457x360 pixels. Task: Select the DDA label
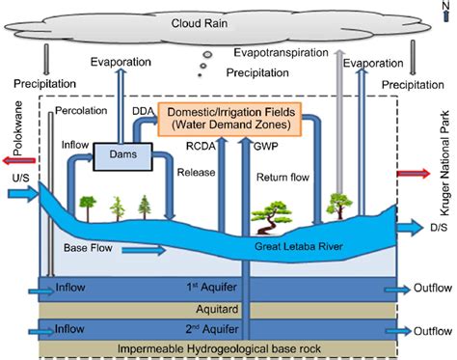139,113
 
